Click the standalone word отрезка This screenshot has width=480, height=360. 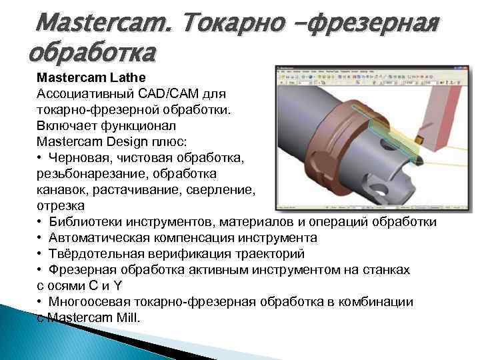click(x=61, y=205)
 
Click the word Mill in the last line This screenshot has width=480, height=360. click(x=127, y=318)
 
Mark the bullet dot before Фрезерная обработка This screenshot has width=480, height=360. click(x=41, y=270)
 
